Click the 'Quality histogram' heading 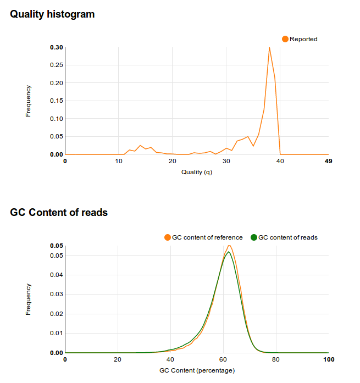[x=52, y=14]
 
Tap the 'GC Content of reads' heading [x=59, y=213]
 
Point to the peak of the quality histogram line [x=269, y=47]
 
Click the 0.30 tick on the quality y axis [x=56, y=47]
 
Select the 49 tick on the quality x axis [x=328, y=161]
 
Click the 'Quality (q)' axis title [x=196, y=172]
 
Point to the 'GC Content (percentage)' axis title [x=196, y=370]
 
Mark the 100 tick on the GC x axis [x=328, y=359]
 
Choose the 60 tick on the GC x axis [x=223, y=359]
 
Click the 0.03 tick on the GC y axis [x=56, y=294]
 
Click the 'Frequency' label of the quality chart [x=29, y=101]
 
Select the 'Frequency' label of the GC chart [x=29, y=299]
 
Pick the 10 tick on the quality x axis [x=119, y=161]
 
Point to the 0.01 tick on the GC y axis [x=56, y=333]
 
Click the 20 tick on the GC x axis [x=118, y=359]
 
